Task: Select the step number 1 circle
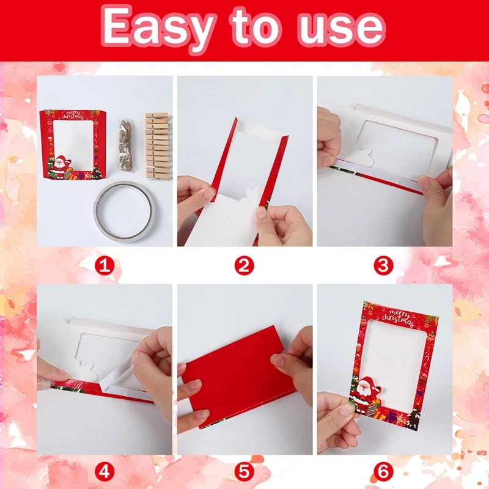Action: pyautogui.click(x=105, y=266)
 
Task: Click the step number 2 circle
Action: pyautogui.click(x=244, y=266)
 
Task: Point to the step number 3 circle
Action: pyautogui.click(x=383, y=266)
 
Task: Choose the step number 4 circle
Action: pyautogui.click(x=105, y=471)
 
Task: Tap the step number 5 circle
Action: pyautogui.click(x=244, y=471)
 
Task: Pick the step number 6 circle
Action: pyautogui.click(x=383, y=471)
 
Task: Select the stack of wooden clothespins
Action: pyautogui.click(x=157, y=146)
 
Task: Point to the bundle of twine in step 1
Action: pyautogui.click(x=126, y=145)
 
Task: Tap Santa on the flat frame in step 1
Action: pyautogui.click(x=60, y=166)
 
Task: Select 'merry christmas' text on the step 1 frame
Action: pyautogui.click(x=73, y=115)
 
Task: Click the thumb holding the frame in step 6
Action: pyautogui.click(x=348, y=409)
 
